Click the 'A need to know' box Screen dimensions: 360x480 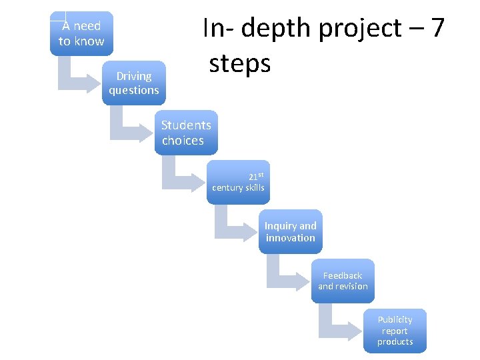click(x=81, y=33)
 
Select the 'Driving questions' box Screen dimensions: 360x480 click(x=133, y=83)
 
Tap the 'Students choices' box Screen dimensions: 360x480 click(x=186, y=132)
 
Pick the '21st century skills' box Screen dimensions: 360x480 click(x=238, y=182)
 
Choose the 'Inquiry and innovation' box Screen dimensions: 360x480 click(x=290, y=231)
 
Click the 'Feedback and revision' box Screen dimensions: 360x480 click(x=343, y=281)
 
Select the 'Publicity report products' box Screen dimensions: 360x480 click(x=395, y=330)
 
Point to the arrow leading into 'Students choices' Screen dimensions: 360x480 click(x=127, y=129)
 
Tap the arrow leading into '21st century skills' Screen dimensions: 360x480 click(x=179, y=179)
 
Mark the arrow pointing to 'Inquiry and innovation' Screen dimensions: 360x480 click(x=231, y=228)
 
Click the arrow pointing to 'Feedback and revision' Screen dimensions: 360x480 click(x=283, y=277)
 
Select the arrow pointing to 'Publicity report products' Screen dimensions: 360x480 click(x=335, y=327)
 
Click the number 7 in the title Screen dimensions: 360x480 click(x=437, y=29)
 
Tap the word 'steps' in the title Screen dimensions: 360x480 click(x=239, y=63)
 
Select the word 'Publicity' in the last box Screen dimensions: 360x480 click(x=395, y=319)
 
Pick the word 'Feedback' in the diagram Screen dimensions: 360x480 click(x=343, y=275)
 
